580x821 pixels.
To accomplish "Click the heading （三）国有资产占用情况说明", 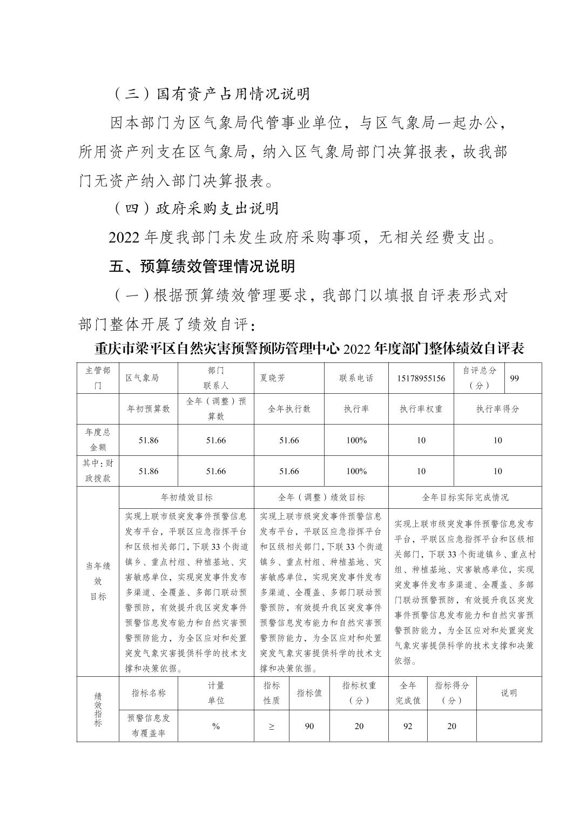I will point(211,94).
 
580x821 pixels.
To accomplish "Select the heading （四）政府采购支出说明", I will point(195,208).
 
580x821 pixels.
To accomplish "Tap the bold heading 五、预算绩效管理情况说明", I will point(202,266).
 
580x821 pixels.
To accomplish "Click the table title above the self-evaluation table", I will point(309,348).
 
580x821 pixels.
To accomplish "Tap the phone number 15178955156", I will point(421,378).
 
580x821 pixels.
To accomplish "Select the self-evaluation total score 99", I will point(514,378).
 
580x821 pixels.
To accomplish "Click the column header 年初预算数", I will point(148,409).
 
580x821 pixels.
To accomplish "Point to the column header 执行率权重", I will point(421,409).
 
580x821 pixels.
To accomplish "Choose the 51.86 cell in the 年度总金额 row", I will point(148,440).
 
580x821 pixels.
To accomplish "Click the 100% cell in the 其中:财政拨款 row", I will point(356,471).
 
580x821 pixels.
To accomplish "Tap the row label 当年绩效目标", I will point(98,581).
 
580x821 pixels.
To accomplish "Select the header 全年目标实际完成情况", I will point(465,497).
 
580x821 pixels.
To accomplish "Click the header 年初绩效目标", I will point(187,497).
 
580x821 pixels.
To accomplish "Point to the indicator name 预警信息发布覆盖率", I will point(149,725).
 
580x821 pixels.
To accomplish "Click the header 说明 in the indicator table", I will point(509,693).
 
